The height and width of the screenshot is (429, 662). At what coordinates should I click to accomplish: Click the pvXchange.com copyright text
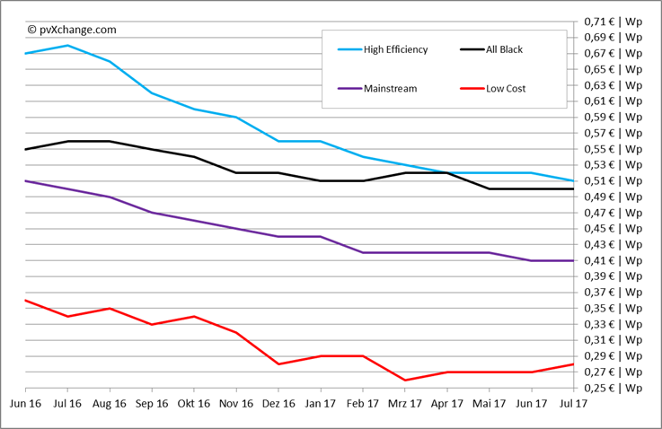point(72,29)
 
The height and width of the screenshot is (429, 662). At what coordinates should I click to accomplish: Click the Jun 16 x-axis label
point(25,405)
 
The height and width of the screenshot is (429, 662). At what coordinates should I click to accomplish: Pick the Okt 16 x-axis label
point(193,405)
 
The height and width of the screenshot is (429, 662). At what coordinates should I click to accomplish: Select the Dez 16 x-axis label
point(278,405)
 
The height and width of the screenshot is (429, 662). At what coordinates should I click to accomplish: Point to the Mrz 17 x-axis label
point(404,405)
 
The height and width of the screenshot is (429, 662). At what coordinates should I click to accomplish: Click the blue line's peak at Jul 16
point(67,45)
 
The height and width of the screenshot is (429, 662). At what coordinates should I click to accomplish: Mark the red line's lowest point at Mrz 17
point(404,381)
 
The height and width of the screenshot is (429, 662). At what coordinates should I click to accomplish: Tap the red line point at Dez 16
point(278,364)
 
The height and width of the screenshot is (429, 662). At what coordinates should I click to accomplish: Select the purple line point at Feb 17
point(362,253)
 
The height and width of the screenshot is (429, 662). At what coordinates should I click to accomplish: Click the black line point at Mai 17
point(489,189)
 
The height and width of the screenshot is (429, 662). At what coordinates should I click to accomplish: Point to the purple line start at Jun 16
point(25,181)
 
